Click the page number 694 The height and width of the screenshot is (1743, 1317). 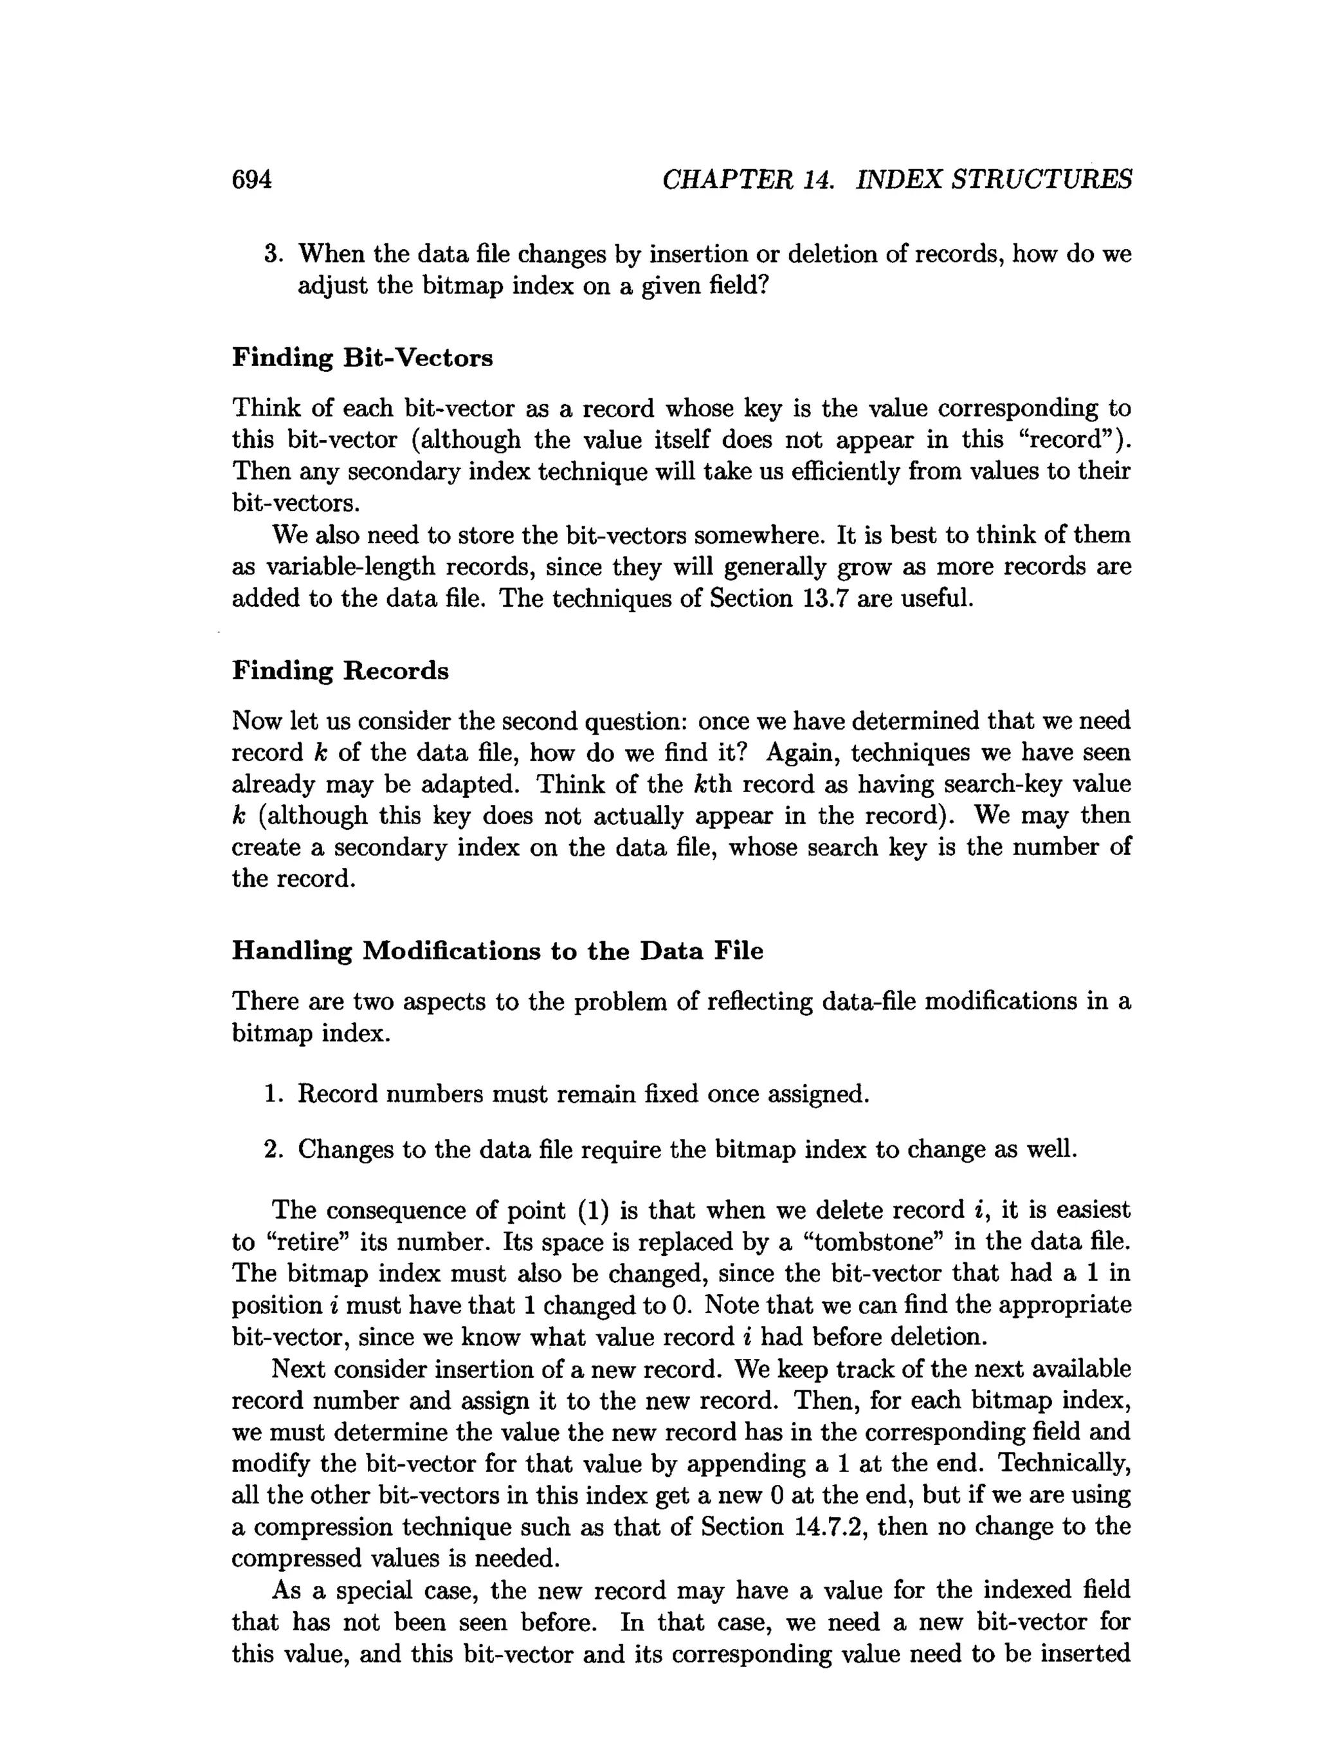point(251,180)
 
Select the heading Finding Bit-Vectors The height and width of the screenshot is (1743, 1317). point(362,358)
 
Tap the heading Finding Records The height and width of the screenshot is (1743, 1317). point(340,670)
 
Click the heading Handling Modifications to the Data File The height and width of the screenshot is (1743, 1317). point(497,951)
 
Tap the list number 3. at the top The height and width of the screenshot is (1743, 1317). point(273,255)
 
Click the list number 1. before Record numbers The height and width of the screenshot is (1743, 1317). point(273,1094)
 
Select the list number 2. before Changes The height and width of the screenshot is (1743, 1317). point(273,1150)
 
